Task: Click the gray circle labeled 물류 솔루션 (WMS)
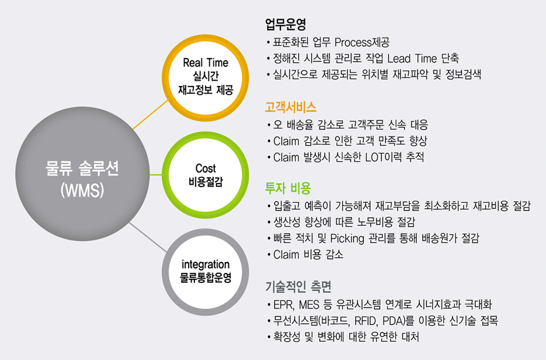pyautogui.click(x=82, y=174)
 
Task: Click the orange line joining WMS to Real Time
pyautogui.click(x=151, y=115)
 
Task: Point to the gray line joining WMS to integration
pyautogui.click(x=148, y=237)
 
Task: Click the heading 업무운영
pyautogui.click(x=286, y=24)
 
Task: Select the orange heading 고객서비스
pyautogui.click(x=291, y=107)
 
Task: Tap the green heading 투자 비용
pyautogui.click(x=288, y=188)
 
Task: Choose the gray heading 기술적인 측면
pyautogui.click(x=298, y=286)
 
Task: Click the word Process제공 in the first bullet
pyautogui.click(x=362, y=43)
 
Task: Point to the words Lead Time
pyautogui.click(x=412, y=58)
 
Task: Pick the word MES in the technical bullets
pyautogui.click(x=309, y=304)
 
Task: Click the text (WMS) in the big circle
pyautogui.click(x=82, y=191)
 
